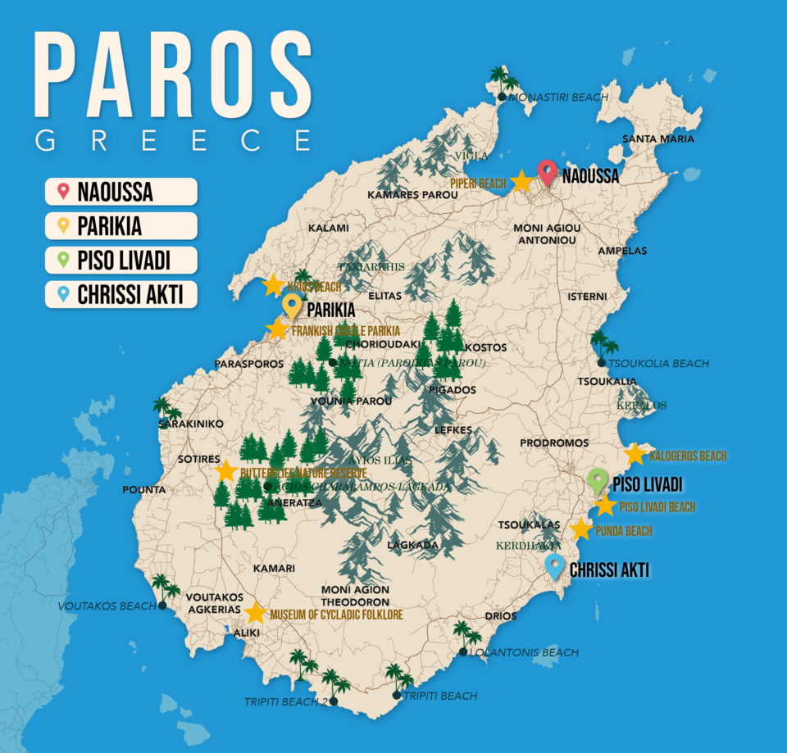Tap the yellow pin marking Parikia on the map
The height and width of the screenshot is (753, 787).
pyautogui.click(x=291, y=306)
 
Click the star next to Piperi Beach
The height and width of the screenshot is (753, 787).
pyautogui.click(x=521, y=182)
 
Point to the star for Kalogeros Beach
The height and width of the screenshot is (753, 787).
pyautogui.click(x=635, y=455)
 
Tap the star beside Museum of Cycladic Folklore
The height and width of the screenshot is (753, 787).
pyautogui.click(x=256, y=613)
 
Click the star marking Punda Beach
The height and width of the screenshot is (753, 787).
pyautogui.click(x=581, y=529)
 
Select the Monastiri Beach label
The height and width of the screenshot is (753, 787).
pyautogui.click(x=558, y=98)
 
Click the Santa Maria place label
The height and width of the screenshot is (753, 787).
pyautogui.click(x=658, y=138)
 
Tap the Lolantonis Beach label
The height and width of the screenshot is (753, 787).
pyautogui.click(x=524, y=653)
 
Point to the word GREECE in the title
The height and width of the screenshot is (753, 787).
pyautogui.click(x=173, y=140)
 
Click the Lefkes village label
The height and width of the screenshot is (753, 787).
pyautogui.click(x=451, y=429)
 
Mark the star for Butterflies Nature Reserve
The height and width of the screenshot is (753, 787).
pyautogui.click(x=226, y=471)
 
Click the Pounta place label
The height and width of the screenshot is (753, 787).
pyautogui.click(x=143, y=490)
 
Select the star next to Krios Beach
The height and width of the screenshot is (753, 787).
pyautogui.click(x=273, y=285)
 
